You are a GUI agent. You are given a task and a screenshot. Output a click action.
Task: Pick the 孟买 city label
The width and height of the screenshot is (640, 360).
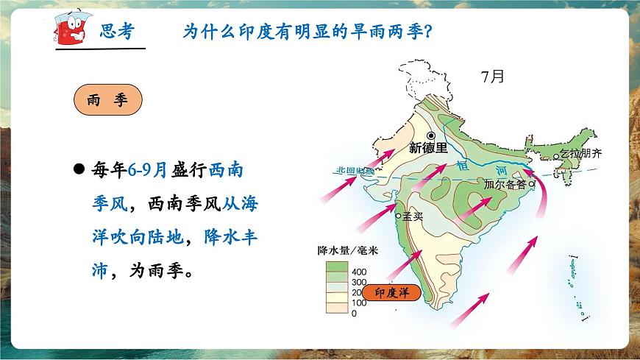[x=414, y=216]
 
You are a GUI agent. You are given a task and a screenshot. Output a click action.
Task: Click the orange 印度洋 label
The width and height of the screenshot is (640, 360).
[x=392, y=292]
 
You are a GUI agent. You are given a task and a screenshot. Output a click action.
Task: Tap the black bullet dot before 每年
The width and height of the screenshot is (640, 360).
[x=79, y=168]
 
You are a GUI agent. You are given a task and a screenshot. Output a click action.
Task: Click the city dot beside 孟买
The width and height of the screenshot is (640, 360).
[x=399, y=216]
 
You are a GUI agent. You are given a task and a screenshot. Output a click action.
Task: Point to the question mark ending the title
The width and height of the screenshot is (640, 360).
[x=428, y=32]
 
